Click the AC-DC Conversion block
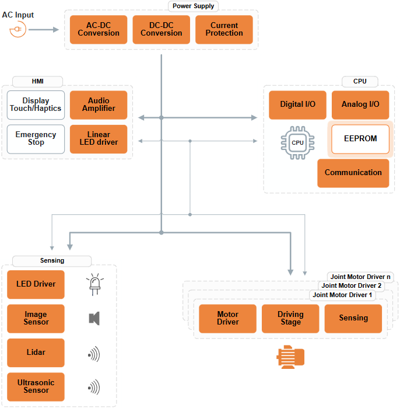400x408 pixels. coord(99,30)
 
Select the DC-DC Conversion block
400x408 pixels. coord(162,30)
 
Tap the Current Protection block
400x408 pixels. coord(224,30)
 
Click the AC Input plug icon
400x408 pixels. coord(17,29)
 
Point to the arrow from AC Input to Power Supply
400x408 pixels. coord(44,29)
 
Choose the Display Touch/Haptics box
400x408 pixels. coord(36,105)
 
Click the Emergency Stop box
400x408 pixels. coord(36,139)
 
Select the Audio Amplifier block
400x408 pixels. coord(99,105)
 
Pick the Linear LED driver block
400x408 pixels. coord(99,139)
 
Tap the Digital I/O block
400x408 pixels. coord(297,105)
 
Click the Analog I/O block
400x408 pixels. coord(360,105)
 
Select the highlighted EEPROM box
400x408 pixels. coord(360,140)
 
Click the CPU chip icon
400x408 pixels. coord(297,142)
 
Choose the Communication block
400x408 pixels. coord(353,173)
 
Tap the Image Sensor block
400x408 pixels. coord(36,319)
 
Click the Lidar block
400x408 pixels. coord(36,353)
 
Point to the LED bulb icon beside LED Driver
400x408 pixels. coord(94,284)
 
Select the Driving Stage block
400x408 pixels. coord(290,319)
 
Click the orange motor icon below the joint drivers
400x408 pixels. coord(290,357)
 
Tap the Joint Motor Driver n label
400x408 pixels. coord(360,277)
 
